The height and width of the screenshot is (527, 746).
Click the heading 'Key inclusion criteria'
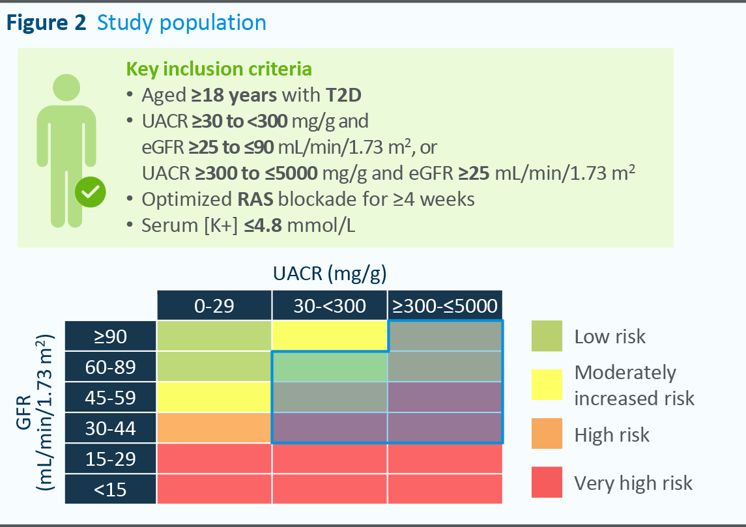click(218, 69)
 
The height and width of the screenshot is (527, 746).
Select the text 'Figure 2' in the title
click(46, 23)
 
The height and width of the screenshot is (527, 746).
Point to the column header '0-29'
click(214, 305)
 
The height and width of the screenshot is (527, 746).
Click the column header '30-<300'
click(330, 305)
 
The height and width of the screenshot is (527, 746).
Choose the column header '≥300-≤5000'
click(446, 305)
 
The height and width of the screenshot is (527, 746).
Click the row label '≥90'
click(110, 336)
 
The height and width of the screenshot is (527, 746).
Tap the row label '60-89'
click(110, 367)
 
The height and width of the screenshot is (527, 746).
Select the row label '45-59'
click(110, 397)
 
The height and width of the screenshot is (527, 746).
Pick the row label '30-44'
click(110, 428)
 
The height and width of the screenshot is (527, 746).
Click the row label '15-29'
click(110, 459)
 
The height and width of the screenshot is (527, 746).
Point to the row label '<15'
click(110, 489)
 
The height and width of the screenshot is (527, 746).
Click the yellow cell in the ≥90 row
click(330, 336)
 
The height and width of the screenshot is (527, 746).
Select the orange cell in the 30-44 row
click(214, 428)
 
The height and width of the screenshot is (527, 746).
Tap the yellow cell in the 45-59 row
click(214, 397)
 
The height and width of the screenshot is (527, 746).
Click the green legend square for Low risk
click(547, 336)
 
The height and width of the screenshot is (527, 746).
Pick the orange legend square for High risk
click(547, 434)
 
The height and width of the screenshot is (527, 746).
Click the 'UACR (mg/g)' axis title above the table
click(330, 274)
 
